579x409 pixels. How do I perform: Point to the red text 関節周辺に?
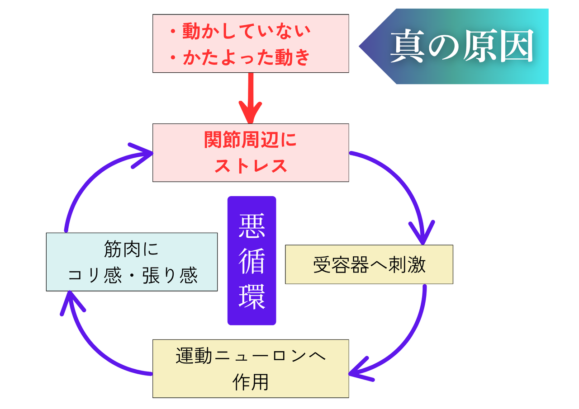[250, 141]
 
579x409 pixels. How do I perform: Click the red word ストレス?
[250, 166]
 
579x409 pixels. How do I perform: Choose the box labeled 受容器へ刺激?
[369, 265]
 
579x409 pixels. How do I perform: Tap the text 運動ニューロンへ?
[250, 357]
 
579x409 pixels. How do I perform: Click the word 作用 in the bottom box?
[250, 382]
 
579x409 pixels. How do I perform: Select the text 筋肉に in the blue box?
[132, 250]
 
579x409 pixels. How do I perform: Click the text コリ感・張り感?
[132, 275]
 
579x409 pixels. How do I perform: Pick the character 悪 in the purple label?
[252, 226]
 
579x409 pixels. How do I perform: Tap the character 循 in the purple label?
[252, 261]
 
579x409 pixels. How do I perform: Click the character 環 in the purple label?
[252, 296]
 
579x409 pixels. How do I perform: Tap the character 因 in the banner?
[516, 47]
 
